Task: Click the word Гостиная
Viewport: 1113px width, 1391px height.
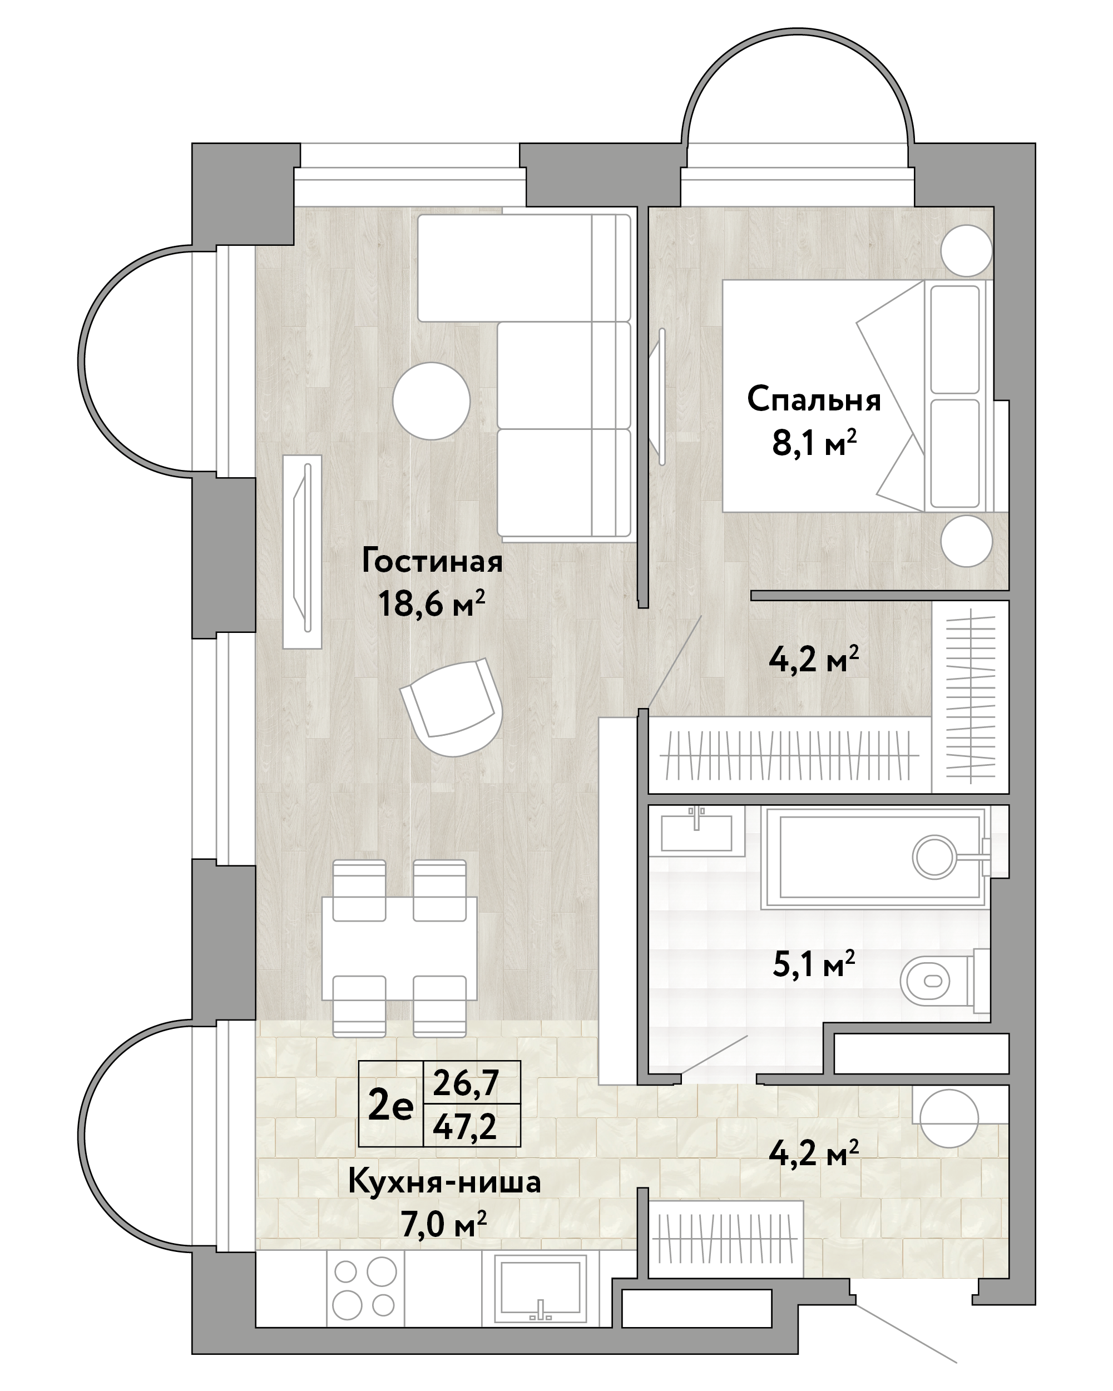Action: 432,561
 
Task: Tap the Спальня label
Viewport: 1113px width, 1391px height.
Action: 814,400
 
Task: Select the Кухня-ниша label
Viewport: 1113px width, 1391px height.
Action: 444,1182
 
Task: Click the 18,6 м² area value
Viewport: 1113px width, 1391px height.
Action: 432,604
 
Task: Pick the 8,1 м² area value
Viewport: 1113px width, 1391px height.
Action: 814,443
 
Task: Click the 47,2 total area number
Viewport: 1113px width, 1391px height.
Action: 464,1126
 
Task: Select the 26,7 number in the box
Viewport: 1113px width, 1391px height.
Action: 464,1083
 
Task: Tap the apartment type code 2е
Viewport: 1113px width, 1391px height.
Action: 390,1106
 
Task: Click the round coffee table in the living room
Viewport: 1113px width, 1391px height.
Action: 432,400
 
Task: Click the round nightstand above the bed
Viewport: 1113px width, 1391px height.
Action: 966,250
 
